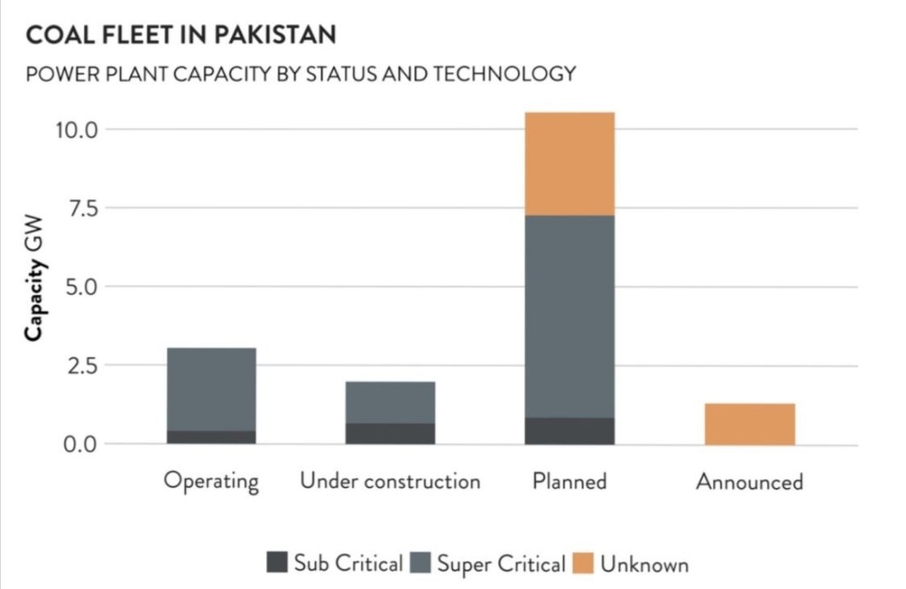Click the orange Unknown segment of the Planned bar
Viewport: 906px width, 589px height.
click(569, 164)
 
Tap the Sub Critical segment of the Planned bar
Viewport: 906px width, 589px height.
click(569, 430)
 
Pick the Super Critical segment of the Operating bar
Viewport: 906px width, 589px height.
click(211, 389)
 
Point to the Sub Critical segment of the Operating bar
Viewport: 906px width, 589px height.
click(211, 437)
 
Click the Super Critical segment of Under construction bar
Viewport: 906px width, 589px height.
click(390, 402)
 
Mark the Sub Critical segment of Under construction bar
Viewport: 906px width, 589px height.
click(390, 433)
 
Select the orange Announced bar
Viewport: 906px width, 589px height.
click(749, 423)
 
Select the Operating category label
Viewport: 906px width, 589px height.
click(211, 482)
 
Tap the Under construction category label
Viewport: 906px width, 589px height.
click(390, 481)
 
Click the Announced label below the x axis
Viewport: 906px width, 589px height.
click(749, 482)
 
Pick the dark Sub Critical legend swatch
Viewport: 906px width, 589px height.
click(278, 562)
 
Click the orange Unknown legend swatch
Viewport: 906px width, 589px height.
click(584, 562)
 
